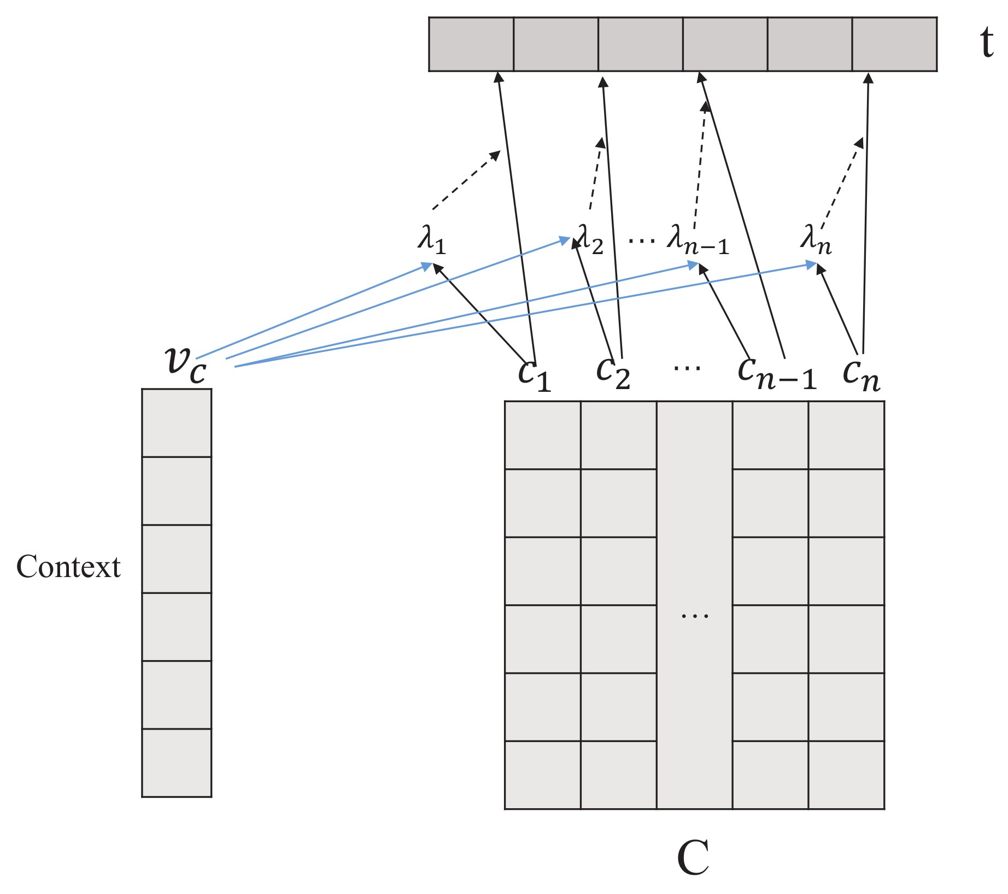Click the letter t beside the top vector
[986, 44]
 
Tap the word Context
[68, 567]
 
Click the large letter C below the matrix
[693, 858]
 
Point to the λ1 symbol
[432, 241]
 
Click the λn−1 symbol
[698, 241]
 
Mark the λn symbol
[816, 241]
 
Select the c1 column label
[534, 375]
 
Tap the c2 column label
[613, 374]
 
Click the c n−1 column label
[776, 374]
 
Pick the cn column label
[861, 375]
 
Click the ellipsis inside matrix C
[694, 616]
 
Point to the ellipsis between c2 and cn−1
[687, 368]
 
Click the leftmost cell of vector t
[471, 44]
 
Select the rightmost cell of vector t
[894, 44]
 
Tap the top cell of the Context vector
[177, 423]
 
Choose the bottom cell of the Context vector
[177, 763]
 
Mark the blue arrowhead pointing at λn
[812, 264]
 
